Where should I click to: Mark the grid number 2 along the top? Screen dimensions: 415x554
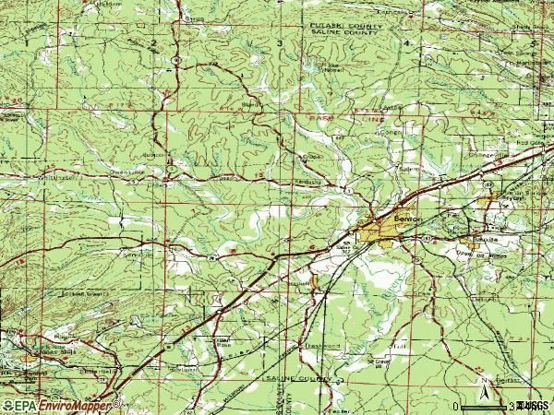(x=151, y=43)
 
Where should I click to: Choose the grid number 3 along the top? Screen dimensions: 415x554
(x=279, y=43)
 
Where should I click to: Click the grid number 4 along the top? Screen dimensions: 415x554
(x=405, y=43)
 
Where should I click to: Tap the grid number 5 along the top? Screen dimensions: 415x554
(x=533, y=43)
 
